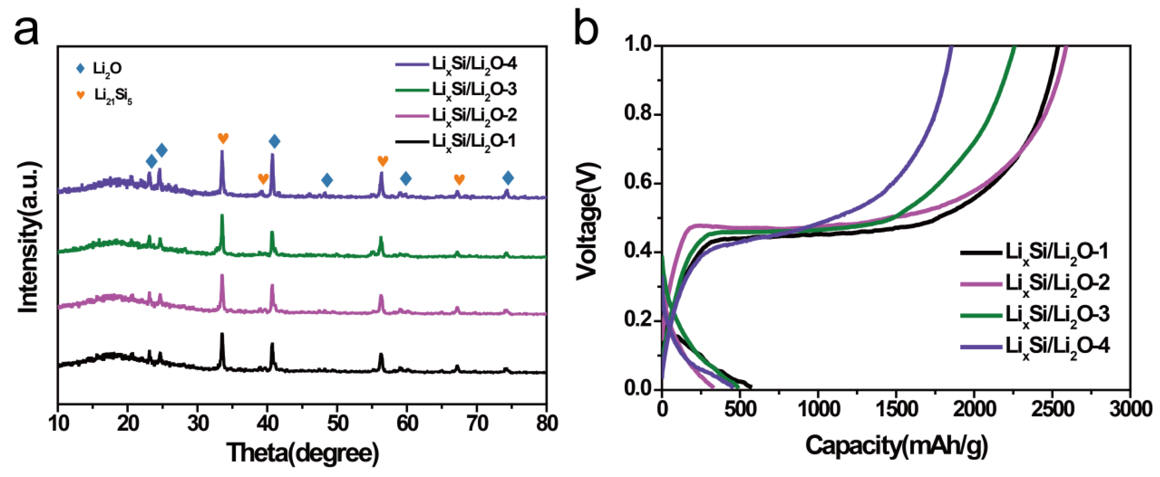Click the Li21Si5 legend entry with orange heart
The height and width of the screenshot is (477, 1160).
click(x=104, y=96)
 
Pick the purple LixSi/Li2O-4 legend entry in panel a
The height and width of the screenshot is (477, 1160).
click(x=456, y=64)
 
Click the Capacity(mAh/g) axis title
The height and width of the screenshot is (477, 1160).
click(x=896, y=446)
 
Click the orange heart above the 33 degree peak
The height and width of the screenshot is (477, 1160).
click(x=223, y=138)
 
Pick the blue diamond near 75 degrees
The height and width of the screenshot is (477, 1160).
click(x=508, y=178)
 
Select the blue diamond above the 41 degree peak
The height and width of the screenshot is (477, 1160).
click(x=274, y=141)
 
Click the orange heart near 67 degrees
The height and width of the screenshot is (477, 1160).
click(x=459, y=179)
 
